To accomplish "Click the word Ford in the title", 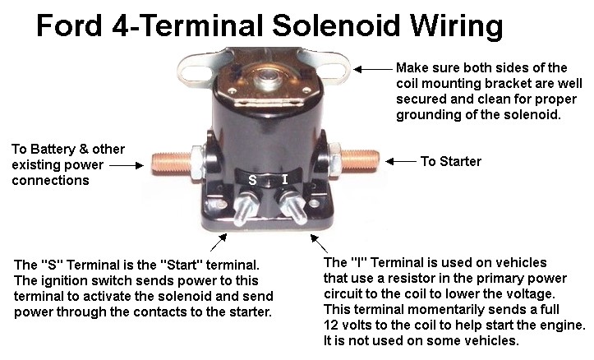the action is pyautogui.click(x=69, y=25).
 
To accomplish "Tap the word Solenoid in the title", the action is pyautogui.click(x=336, y=25).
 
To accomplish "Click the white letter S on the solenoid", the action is pyautogui.click(x=252, y=180).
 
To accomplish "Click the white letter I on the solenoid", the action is pyautogui.click(x=285, y=179).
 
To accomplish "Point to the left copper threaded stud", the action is pyautogui.click(x=171, y=163).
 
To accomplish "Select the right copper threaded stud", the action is pyautogui.click(x=360, y=159).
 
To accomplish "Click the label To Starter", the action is pyautogui.click(x=451, y=161).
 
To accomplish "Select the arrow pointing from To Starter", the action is pyautogui.click(x=400, y=161).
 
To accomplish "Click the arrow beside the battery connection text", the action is pyautogui.click(x=127, y=165).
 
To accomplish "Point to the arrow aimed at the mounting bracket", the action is pyautogui.click(x=373, y=69).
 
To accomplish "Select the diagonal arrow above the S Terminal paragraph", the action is pyautogui.click(x=219, y=242).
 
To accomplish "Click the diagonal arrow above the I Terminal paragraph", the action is pyautogui.click(x=319, y=243).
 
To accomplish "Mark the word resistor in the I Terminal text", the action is pyautogui.click(x=410, y=278).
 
